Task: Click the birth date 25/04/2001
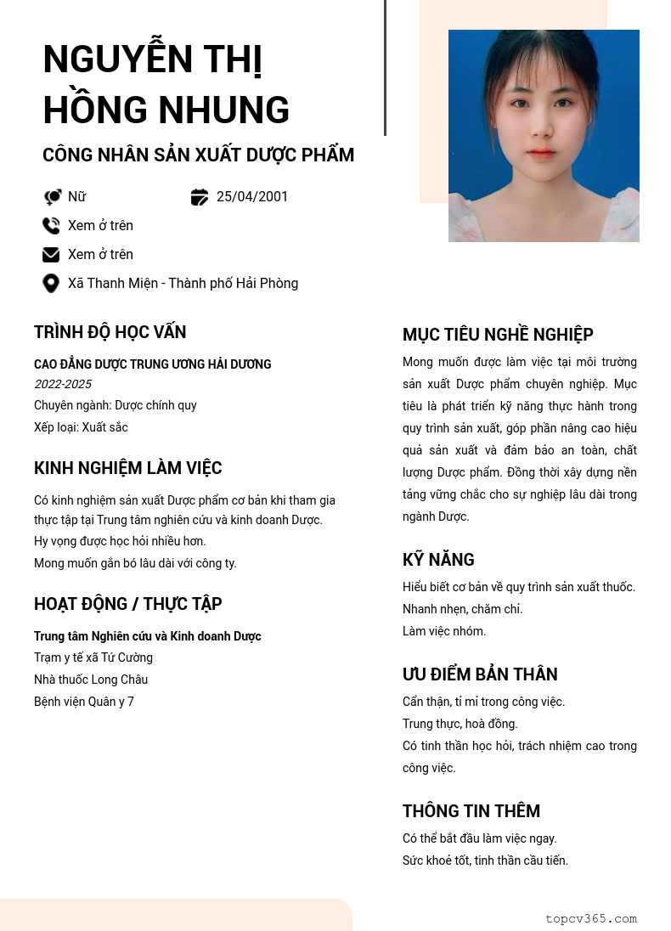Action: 252,197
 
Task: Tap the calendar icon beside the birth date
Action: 200,197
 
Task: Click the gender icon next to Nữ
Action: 52,197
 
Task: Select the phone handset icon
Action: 51,226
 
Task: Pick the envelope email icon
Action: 51,255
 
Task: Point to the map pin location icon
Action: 51,284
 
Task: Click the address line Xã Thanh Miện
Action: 183,284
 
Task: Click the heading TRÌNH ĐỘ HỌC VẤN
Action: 110,332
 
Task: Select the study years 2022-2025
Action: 63,385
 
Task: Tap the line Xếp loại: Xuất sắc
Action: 81,427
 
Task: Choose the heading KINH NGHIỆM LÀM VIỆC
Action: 127,468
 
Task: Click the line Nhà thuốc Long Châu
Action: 91,680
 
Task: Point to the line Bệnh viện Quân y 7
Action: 84,702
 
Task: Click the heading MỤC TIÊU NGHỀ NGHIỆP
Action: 498,335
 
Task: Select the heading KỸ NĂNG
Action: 438,560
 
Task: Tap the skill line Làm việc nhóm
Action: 444,631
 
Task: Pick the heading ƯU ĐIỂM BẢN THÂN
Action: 480,674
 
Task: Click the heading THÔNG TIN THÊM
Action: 471,811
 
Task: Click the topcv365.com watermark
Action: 590,918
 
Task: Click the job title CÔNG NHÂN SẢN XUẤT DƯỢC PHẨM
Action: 198,155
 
